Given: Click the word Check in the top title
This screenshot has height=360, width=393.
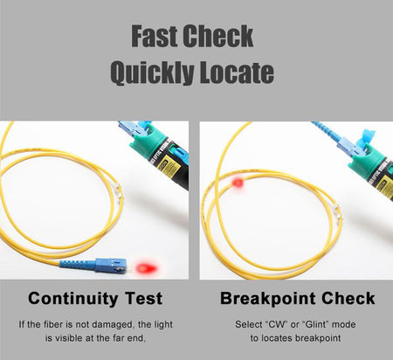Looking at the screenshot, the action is tap(218, 36).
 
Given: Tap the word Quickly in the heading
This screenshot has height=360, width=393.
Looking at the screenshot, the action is tap(152, 73).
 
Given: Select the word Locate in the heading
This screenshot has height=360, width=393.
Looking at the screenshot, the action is tap(237, 72).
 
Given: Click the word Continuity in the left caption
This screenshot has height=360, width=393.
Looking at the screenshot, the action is tap(73, 299).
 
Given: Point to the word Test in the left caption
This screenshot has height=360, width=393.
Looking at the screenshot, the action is tap(143, 299).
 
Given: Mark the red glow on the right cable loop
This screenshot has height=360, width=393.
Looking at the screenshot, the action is tap(238, 183).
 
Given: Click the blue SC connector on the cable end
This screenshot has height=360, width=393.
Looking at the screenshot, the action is tap(111, 265).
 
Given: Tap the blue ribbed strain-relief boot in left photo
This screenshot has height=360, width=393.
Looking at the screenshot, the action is tap(78, 265).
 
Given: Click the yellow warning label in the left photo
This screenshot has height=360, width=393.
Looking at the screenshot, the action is tap(171, 164).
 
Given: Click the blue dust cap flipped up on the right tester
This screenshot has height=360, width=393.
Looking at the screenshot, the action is tap(368, 137).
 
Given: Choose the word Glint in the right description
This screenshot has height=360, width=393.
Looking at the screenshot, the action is tap(316, 324).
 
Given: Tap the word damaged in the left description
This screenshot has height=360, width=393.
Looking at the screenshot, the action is tap(110, 325).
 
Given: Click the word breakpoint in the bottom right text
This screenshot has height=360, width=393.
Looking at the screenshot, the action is tap(318, 339).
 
